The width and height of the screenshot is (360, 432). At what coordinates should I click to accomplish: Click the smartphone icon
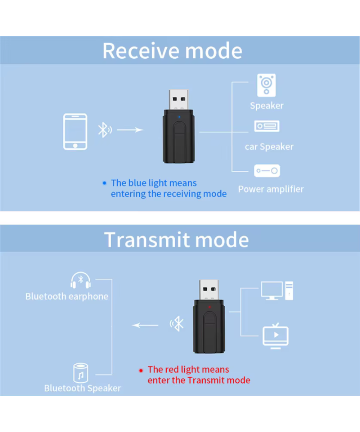(x=75, y=132)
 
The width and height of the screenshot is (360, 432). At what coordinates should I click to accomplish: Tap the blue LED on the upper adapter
(x=179, y=117)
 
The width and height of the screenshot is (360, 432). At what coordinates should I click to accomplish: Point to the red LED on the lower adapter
(x=209, y=307)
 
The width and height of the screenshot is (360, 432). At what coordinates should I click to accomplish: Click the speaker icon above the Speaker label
(x=266, y=85)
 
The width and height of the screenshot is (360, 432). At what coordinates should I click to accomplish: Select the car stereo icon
(x=267, y=126)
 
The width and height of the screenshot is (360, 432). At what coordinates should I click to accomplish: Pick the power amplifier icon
(x=267, y=171)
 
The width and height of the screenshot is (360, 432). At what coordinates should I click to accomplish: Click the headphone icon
(x=81, y=280)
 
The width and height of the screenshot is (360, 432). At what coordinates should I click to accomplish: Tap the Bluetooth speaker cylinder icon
(x=81, y=373)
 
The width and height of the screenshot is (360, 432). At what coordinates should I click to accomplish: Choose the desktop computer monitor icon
(x=272, y=291)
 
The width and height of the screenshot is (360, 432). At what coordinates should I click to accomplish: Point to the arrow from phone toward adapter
(x=130, y=130)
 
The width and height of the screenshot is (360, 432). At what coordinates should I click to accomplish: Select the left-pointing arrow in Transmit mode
(x=145, y=325)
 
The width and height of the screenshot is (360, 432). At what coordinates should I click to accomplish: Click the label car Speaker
(x=269, y=147)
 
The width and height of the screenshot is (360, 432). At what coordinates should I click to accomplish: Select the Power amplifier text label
(x=271, y=189)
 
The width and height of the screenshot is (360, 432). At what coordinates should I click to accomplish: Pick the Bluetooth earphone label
(x=67, y=297)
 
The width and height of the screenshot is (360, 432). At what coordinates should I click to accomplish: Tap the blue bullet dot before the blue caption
(x=105, y=183)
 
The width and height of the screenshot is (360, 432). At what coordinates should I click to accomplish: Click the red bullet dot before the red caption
(x=141, y=370)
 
